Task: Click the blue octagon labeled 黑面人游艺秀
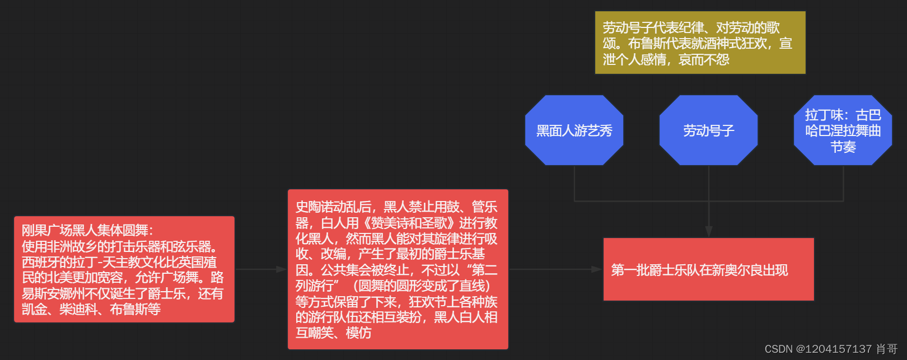point(574,130)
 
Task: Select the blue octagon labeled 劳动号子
point(708,130)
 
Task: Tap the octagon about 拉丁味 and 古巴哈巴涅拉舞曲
point(843,130)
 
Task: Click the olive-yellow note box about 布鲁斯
point(700,43)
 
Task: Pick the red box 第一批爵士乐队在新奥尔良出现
point(708,269)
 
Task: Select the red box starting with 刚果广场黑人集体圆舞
point(124,269)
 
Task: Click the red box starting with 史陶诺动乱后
point(398,269)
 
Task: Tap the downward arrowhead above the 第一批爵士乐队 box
point(709,232)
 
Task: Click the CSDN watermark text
point(831,349)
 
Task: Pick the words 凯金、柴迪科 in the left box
point(60,310)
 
